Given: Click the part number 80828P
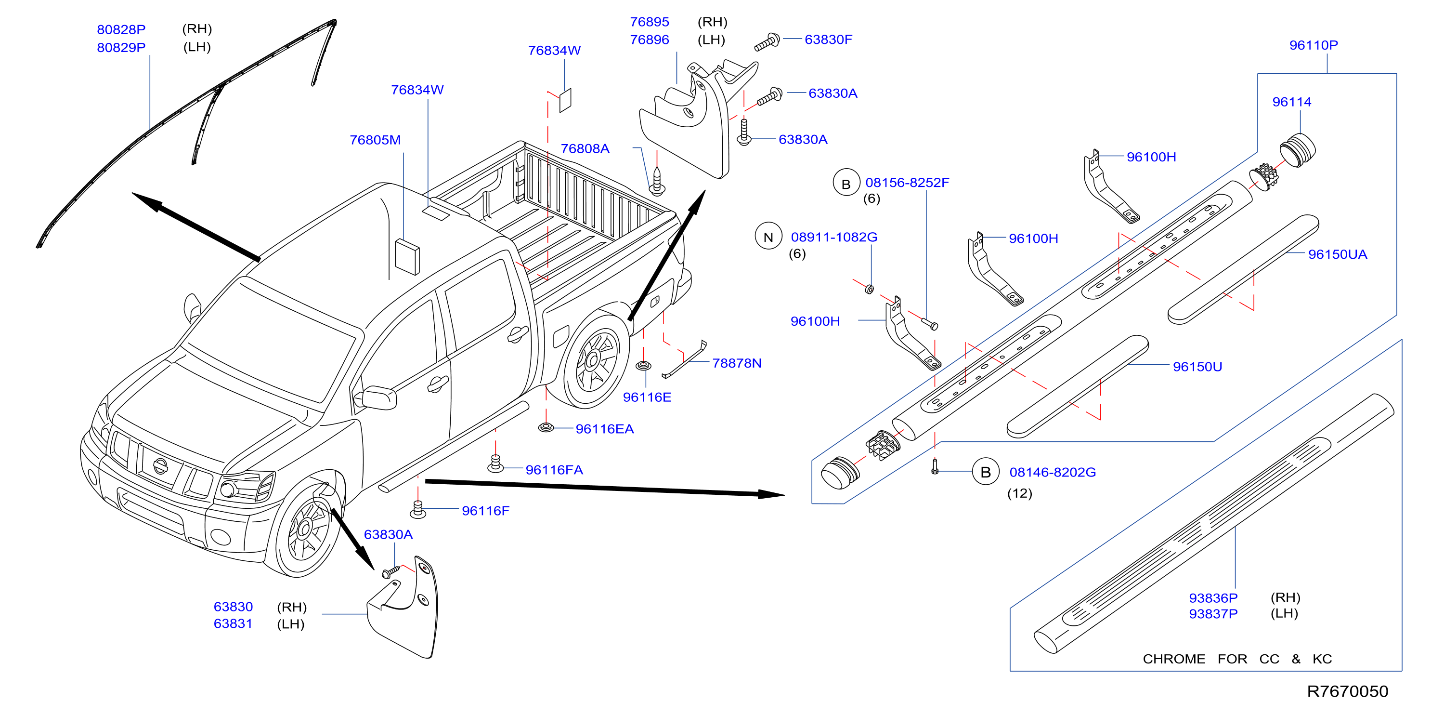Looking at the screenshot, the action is (121, 29).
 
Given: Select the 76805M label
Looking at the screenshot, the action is (375, 140).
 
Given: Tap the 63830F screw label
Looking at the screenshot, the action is (828, 39).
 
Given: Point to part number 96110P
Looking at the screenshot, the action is (1314, 45).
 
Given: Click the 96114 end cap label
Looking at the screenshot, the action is (1291, 102).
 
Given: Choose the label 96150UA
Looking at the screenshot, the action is (1338, 254).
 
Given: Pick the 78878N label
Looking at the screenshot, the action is (737, 363).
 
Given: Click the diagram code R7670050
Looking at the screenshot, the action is (1348, 691).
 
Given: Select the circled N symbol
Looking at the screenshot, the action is (768, 237).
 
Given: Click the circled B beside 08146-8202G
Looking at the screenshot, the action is (986, 472).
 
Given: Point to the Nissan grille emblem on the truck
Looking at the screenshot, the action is (160, 465).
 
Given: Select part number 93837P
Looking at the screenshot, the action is (1213, 613).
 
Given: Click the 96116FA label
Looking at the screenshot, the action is (554, 469).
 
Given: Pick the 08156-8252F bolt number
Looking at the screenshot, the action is (907, 182).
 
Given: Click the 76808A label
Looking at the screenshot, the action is (585, 148).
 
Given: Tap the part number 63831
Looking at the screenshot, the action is (233, 623).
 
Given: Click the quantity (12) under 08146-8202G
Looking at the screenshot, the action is (1020, 493).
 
